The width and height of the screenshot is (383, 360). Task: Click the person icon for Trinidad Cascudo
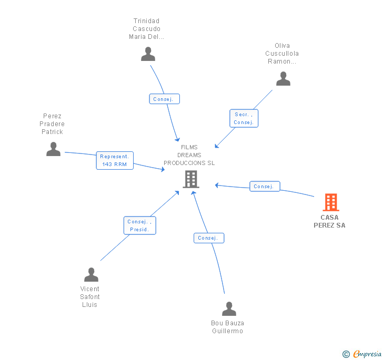[x=148, y=54]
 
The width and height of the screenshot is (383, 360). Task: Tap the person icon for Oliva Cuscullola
[x=283, y=79]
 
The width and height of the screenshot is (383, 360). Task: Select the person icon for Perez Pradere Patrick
[x=53, y=149]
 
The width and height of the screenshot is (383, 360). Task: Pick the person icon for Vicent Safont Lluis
[x=91, y=275]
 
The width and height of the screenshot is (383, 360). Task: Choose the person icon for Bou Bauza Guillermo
[x=229, y=308]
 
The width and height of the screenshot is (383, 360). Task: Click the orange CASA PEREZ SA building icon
[x=330, y=202]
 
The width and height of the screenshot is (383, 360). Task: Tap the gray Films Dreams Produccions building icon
[x=190, y=179]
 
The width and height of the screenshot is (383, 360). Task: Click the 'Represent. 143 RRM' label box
[x=115, y=160]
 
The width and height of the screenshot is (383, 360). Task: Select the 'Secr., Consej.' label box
[x=244, y=118]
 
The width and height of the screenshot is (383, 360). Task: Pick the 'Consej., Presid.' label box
[x=140, y=225]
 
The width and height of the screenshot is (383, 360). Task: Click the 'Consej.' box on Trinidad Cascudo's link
[x=165, y=99]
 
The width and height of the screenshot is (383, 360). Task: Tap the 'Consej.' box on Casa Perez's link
[x=264, y=187]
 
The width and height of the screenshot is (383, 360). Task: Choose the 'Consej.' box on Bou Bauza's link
[x=209, y=238]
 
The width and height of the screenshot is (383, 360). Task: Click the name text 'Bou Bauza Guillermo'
[x=227, y=327]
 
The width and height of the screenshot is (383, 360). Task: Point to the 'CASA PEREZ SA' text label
[x=329, y=221]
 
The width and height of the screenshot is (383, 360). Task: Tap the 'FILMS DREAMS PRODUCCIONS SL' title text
[x=189, y=155]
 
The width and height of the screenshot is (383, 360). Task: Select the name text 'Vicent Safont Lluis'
[x=90, y=297]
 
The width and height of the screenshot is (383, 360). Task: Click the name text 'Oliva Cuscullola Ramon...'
[x=282, y=54]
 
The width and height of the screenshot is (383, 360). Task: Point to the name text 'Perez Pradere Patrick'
[x=52, y=124]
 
